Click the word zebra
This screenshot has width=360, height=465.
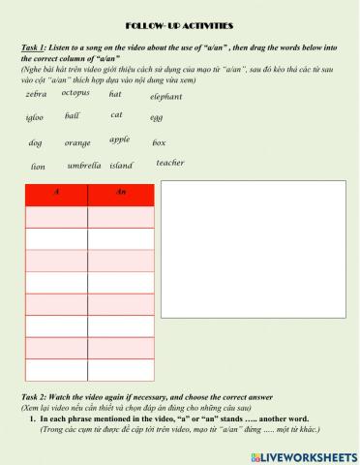36,95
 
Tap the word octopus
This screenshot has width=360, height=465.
75,93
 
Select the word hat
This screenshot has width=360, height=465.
115,94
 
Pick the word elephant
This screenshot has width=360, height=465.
165,97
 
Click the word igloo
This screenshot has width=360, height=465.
35,118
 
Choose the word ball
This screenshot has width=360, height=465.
73,116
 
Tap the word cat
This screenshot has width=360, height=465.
116,115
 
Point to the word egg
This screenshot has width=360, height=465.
157,118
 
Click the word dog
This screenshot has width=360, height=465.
35,143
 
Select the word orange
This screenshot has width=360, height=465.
77,143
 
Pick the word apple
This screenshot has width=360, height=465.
119,139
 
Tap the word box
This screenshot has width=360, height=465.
159,143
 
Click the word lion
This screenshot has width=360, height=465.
38,167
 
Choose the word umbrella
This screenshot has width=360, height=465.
84,166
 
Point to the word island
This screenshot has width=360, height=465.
121,166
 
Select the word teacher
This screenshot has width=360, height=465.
170,163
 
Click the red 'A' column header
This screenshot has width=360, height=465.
56,194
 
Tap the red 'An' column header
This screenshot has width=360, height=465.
120,194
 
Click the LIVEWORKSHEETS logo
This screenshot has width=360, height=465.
309,453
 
